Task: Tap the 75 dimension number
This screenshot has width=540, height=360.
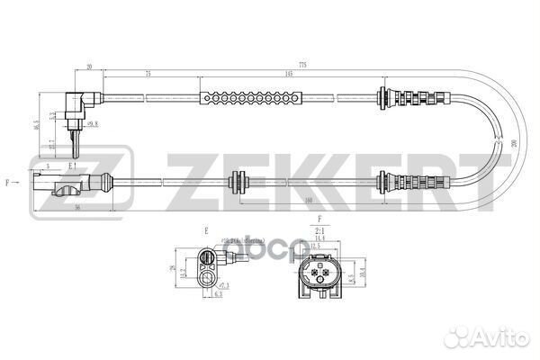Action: click(147, 75)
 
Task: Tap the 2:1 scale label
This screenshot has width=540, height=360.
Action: click(319, 231)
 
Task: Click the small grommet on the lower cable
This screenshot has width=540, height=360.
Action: click(238, 181)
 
